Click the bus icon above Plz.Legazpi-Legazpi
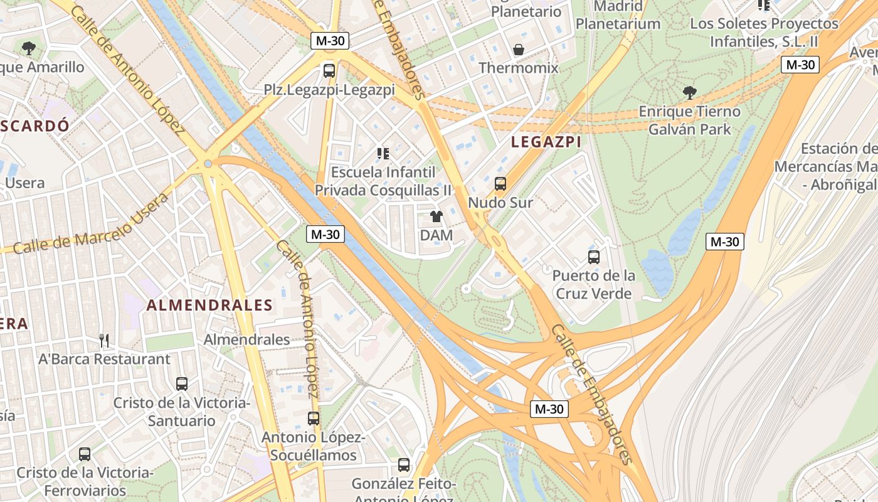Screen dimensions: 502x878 329,71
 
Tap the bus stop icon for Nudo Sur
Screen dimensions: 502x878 500,184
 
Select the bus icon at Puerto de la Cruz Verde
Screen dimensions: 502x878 594,257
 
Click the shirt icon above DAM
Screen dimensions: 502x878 436,216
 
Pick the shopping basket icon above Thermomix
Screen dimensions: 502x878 519,50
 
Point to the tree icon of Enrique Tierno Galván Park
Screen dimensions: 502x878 689,93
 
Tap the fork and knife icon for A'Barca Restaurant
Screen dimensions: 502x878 104,341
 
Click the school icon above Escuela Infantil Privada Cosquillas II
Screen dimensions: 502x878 383,153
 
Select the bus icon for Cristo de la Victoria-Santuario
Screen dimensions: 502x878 182,384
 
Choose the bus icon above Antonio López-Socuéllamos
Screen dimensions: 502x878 314,418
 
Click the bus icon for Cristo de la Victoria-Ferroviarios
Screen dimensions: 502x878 85,454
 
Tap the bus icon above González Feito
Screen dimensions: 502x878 404,465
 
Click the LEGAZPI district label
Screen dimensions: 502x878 546,142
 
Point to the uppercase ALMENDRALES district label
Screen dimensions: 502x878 209,306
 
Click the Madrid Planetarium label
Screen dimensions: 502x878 618,16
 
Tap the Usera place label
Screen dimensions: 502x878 25,183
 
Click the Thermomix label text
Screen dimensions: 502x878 518,68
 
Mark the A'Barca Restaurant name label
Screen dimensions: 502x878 104,360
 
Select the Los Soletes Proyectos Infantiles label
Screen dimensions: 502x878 764,33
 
